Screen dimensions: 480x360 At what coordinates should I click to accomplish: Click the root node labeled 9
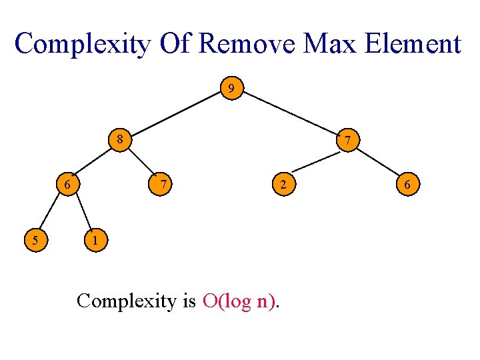[x=231, y=88]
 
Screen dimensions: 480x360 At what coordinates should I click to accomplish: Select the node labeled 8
[x=119, y=140]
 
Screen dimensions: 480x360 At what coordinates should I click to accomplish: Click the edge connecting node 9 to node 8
[x=175, y=114]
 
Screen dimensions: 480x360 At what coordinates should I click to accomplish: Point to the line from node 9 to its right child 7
[x=289, y=114]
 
